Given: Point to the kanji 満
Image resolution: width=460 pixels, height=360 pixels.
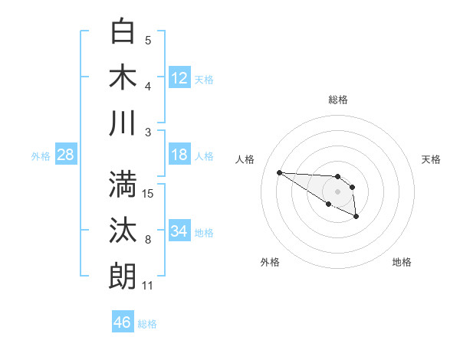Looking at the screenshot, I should coord(123,185).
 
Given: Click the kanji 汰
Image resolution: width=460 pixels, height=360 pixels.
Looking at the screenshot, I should coord(123,231).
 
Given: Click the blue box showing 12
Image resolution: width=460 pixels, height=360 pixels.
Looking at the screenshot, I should coord(179,77).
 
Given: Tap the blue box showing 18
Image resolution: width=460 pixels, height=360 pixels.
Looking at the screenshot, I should coord(179,155).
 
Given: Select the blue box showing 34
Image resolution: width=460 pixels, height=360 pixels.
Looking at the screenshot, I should coord(179,231).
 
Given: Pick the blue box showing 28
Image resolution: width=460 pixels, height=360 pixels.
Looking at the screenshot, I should coord(66,155).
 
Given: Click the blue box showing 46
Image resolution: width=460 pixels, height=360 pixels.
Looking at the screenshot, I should coord(123,322).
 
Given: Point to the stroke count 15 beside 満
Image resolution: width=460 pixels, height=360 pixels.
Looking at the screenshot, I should coord(149,194).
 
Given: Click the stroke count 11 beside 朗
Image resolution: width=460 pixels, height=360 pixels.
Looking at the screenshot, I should coord(148,286).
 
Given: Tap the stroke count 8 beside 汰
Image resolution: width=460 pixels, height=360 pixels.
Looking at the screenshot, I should coord(148,240).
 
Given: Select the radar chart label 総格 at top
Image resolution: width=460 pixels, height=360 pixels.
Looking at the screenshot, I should coord(337,100).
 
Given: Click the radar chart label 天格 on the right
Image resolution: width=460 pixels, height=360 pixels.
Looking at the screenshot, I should coord(432,159).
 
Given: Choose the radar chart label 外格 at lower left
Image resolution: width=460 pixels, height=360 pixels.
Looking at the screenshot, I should coord(270,262).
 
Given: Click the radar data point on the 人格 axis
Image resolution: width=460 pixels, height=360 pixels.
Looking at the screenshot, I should coord(279,172).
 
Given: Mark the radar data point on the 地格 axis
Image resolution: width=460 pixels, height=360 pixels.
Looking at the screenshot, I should coord(356,217).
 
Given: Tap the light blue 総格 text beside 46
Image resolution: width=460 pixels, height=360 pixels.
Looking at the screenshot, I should coord(147,324).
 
